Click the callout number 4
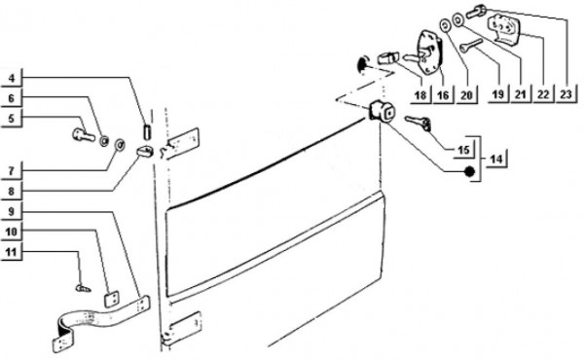[12, 78]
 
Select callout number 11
[12, 252]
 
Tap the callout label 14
[496, 159]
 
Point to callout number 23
[566, 94]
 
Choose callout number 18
[420, 95]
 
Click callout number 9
[11, 211]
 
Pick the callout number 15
[463, 150]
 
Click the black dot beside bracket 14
[469, 171]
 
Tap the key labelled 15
[418, 123]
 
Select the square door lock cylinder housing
[382, 111]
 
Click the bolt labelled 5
[84, 135]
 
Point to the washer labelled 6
[104, 141]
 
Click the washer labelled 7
[120, 145]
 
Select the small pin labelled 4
[147, 132]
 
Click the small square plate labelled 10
[112, 299]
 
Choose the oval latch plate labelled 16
[430, 53]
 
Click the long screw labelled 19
[471, 45]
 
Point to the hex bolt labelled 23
[475, 12]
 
